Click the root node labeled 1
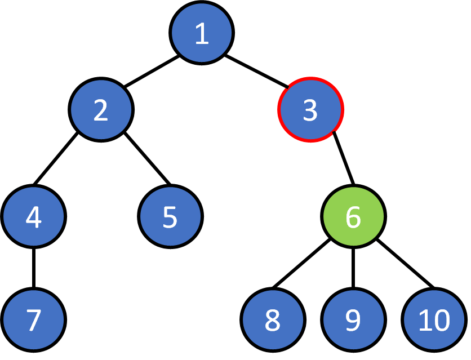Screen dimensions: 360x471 [202, 34]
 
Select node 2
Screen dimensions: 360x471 [101, 110]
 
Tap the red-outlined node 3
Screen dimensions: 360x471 [310, 110]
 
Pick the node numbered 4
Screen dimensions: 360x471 [33, 216]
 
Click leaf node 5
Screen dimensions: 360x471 [170, 216]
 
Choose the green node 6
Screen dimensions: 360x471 [353, 216]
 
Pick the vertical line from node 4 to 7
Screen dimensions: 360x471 [33, 268]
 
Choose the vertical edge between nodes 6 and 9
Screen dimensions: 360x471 [353, 268]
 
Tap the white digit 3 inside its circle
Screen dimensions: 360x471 [310, 110]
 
